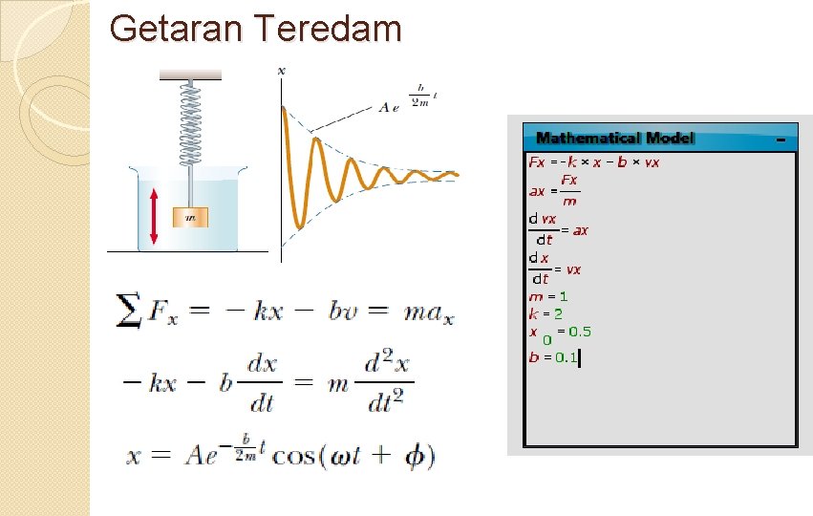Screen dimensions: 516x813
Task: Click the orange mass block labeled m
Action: tap(189, 217)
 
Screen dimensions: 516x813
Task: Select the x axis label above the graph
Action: tap(281, 70)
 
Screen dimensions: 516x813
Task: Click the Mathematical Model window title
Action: tap(615, 139)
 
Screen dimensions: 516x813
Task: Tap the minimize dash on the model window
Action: tap(781, 140)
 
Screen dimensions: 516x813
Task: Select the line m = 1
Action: tap(548, 296)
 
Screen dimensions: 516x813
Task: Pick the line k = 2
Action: tap(546, 313)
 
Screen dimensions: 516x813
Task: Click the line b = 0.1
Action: tap(554, 357)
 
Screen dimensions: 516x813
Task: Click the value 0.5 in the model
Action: tap(580, 332)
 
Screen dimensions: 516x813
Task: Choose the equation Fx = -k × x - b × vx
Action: tap(593, 162)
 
